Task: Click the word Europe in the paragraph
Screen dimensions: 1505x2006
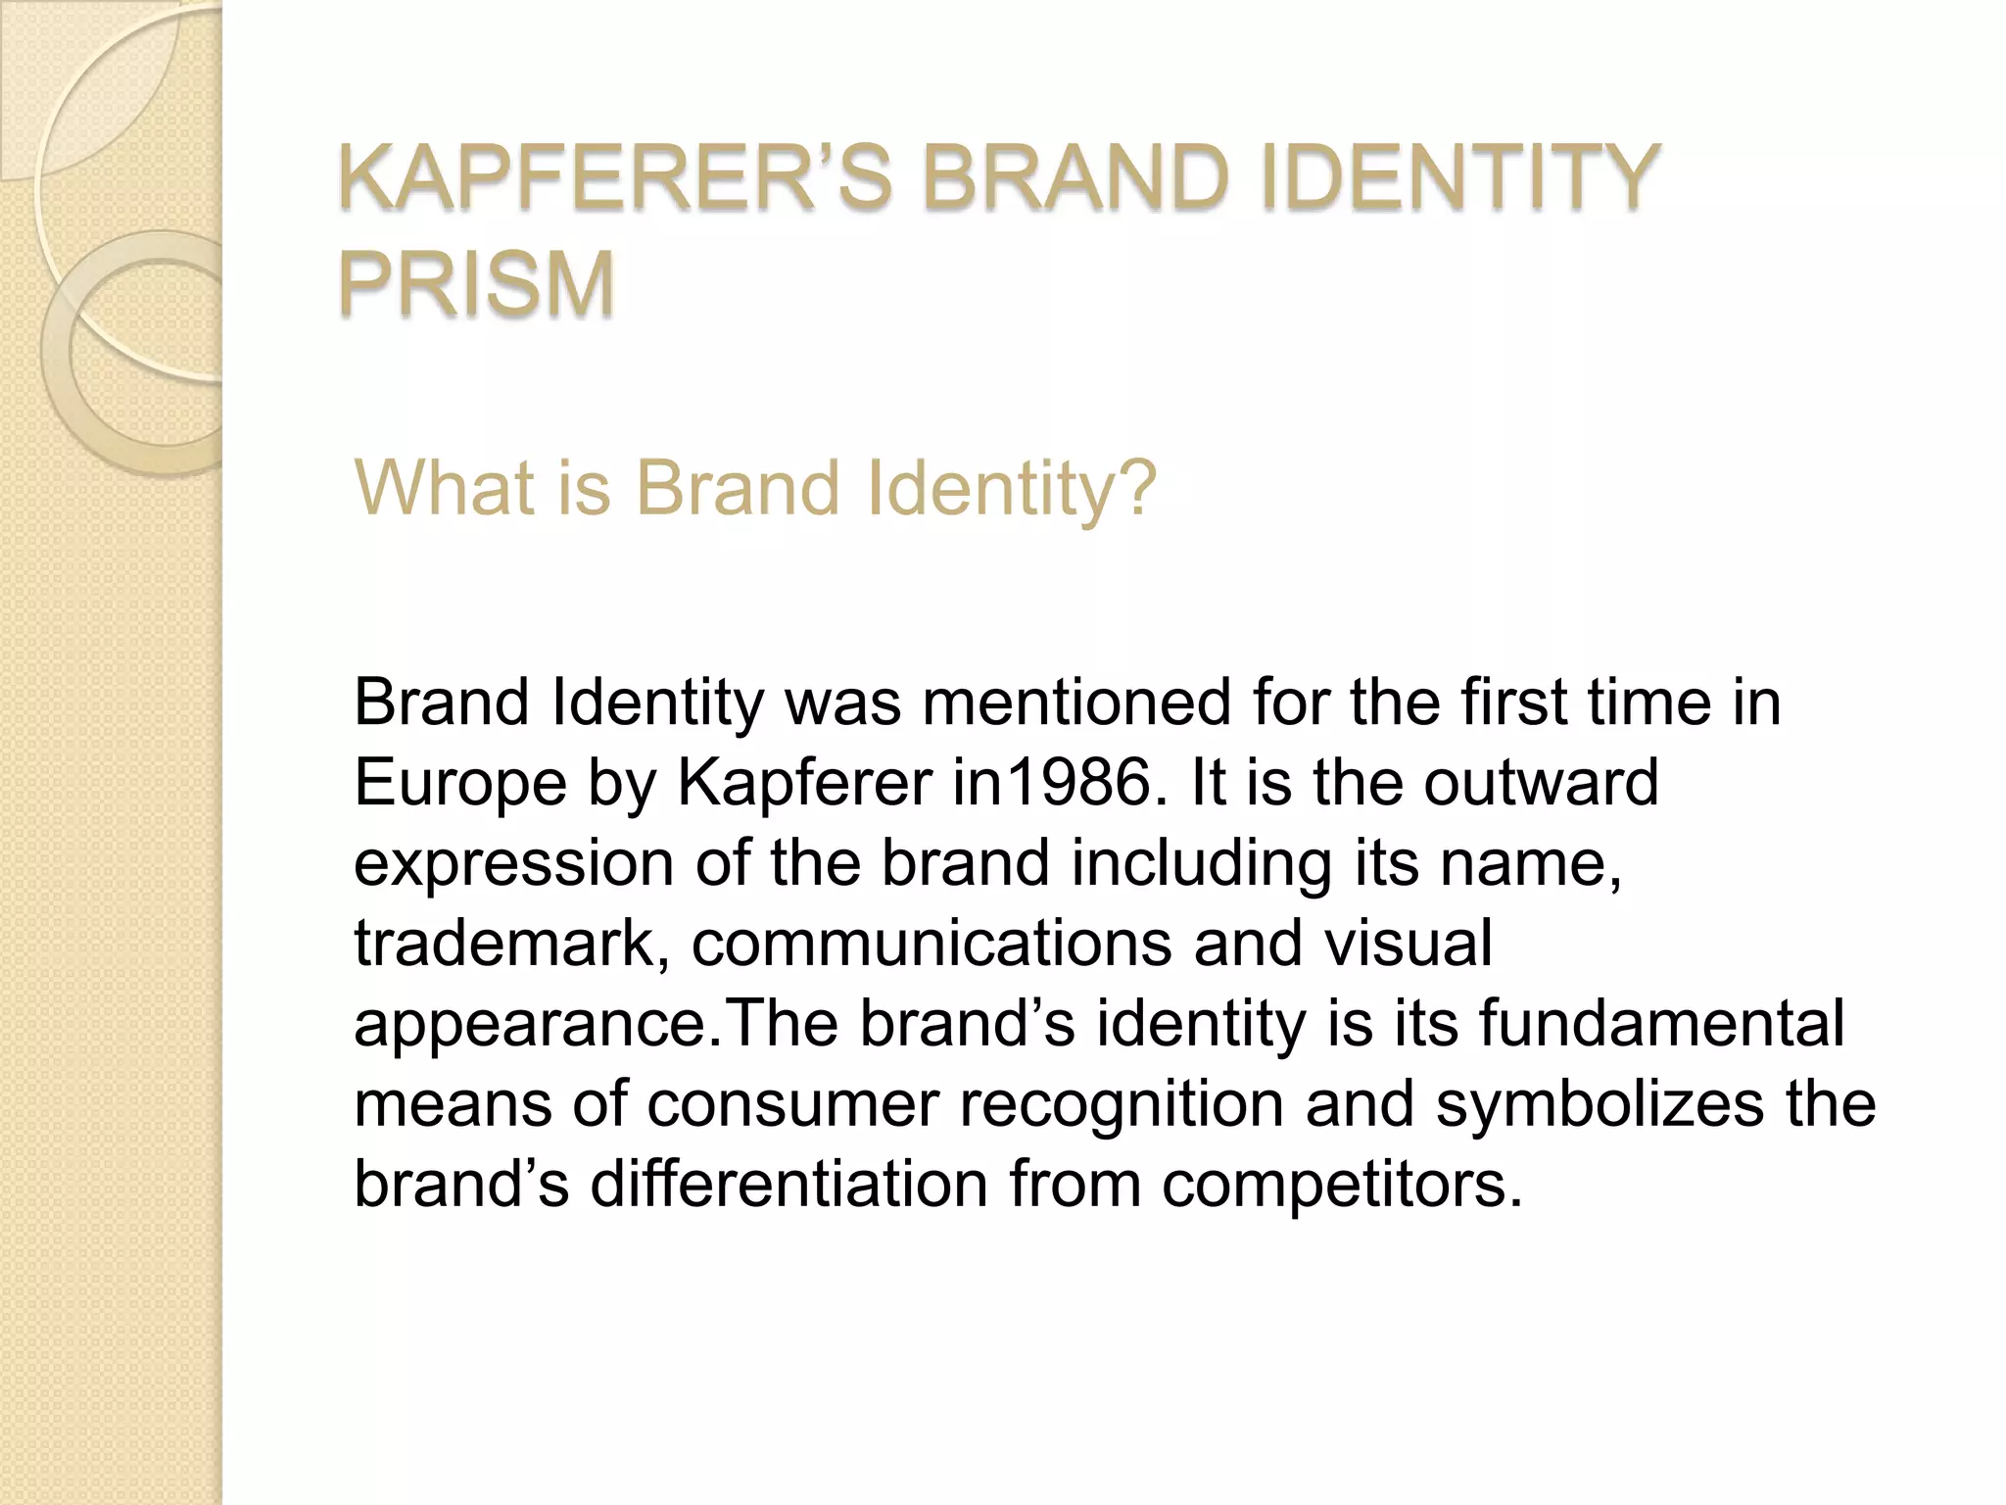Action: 459,783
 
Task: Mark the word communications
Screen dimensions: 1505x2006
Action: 931,943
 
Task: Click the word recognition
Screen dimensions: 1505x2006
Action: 1122,1104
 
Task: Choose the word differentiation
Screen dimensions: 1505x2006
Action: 788,1184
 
